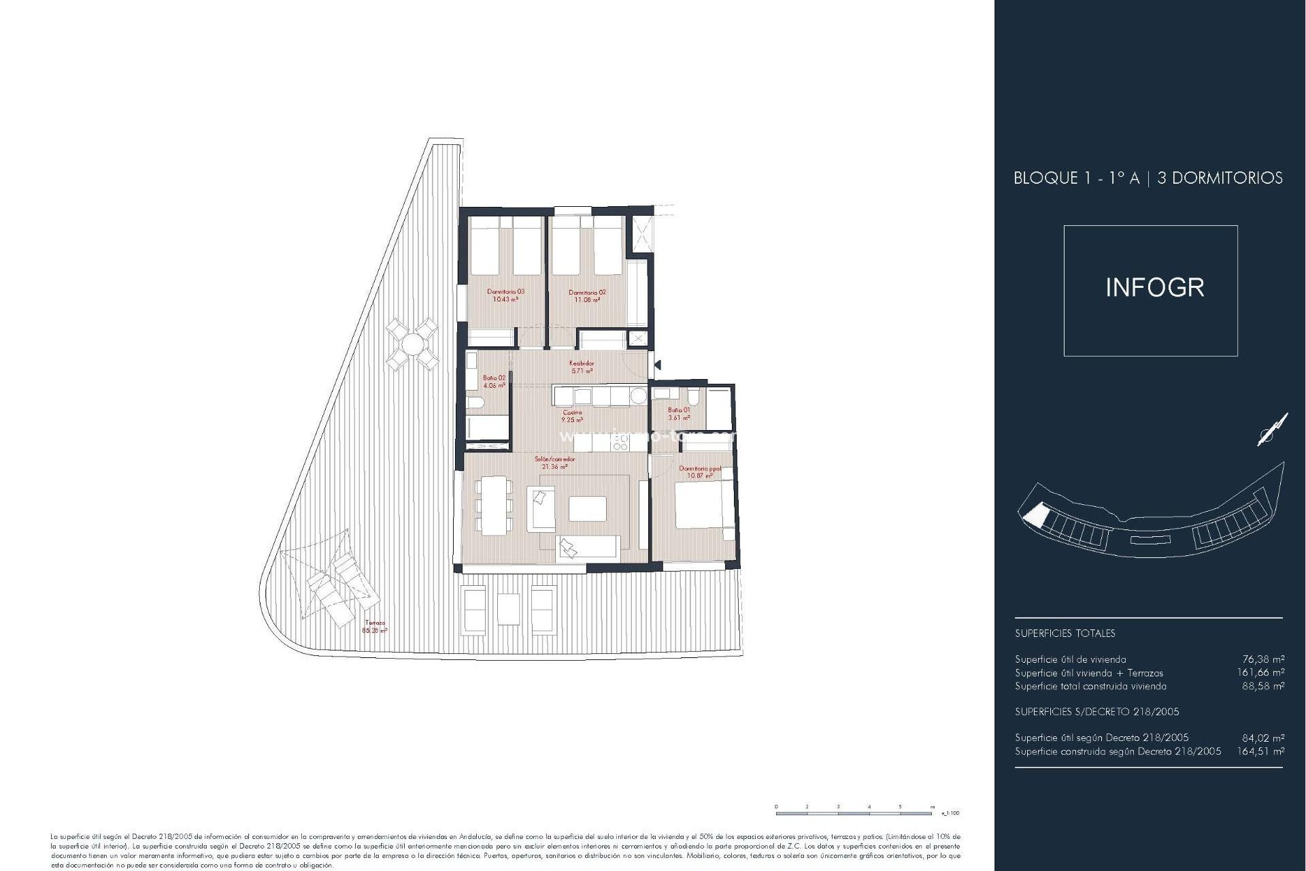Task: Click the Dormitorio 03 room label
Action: click(x=505, y=295)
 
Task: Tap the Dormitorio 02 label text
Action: click(x=587, y=295)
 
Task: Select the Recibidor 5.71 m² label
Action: click(x=582, y=367)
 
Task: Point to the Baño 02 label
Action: click(x=495, y=381)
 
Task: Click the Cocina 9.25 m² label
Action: click(x=572, y=416)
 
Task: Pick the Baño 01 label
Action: click(x=678, y=414)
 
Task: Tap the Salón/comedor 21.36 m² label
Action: click(x=554, y=463)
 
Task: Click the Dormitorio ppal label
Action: click(x=700, y=472)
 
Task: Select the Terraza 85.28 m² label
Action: click(x=375, y=626)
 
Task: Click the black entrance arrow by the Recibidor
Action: click(x=657, y=365)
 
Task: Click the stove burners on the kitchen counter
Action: click(x=620, y=443)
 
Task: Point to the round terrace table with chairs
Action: click(x=412, y=344)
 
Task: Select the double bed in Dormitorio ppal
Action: click(x=701, y=504)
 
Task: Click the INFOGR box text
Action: click(x=1154, y=288)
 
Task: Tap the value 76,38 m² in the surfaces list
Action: click(x=1263, y=659)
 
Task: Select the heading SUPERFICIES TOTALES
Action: click(x=1065, y=633)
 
